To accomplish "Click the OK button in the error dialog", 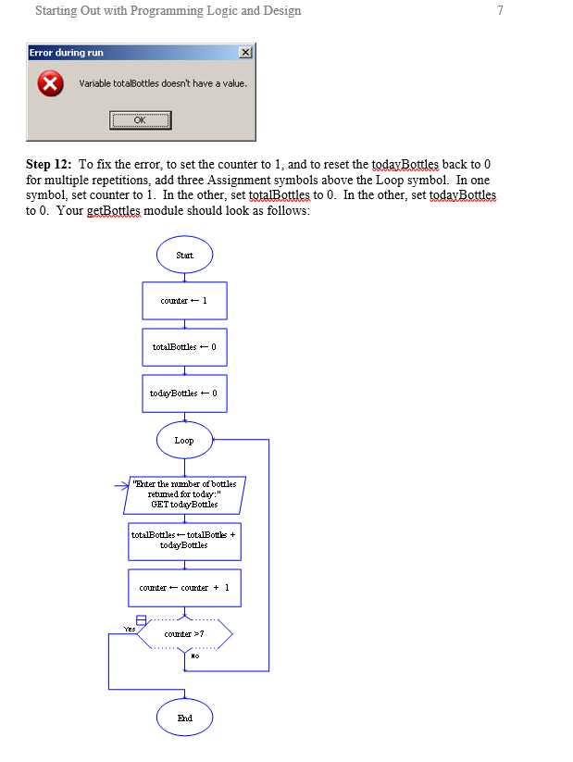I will [140, 119].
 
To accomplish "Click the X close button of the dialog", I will [244, 53].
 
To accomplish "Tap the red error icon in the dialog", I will [51, 84].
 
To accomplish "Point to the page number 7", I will [500, 11].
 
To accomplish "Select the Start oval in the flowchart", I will [184, 255].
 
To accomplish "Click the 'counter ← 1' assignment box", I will [184, 301].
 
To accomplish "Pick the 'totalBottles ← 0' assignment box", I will [184, 347].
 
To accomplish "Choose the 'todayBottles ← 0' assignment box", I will [184, 393].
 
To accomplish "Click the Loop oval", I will [184, 440].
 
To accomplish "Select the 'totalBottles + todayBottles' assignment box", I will [184, 541].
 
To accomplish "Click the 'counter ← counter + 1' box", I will [184, 588].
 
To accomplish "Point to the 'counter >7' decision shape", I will [184, 634].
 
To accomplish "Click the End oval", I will [184, 718].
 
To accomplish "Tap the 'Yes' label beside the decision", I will [129, 628].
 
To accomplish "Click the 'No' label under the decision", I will [194, 656].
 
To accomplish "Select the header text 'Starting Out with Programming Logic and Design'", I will [168, 11].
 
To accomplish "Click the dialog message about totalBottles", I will [163, 83].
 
